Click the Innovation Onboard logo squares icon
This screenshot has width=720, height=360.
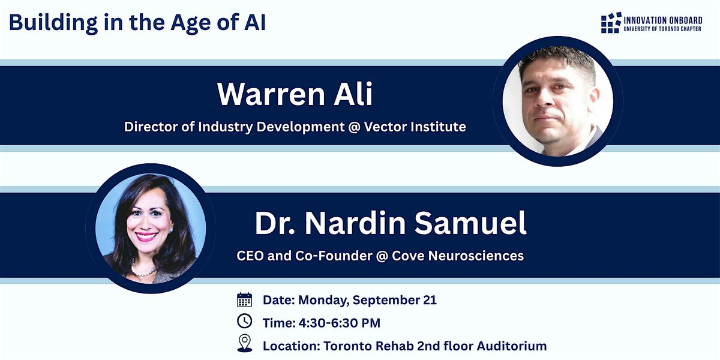click(x=611, y=23)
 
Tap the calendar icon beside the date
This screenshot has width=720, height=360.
click(x=244, y=300)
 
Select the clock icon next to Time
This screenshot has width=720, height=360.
click(x=245, y=321)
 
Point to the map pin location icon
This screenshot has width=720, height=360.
click(x=245, y=343)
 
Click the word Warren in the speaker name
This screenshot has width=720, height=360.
click(x=271, y=94)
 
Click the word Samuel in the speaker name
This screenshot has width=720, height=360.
click(x=470, y=223)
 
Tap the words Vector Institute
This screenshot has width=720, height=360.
click(x=415, y=127)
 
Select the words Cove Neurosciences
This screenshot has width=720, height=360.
click(x=458, y=256)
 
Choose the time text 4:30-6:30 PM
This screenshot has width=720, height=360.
click(x=340, y=323)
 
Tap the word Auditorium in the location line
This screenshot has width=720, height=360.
click(x=512, y=346)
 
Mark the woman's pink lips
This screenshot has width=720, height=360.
click(x=146, y=237)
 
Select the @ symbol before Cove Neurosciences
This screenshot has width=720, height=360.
click(x=382, y=256)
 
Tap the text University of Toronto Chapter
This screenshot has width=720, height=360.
click(x=662, y=29)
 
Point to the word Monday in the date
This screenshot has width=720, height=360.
click(x=323, y=301)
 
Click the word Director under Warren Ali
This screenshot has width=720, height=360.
click(x=151, y=127)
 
